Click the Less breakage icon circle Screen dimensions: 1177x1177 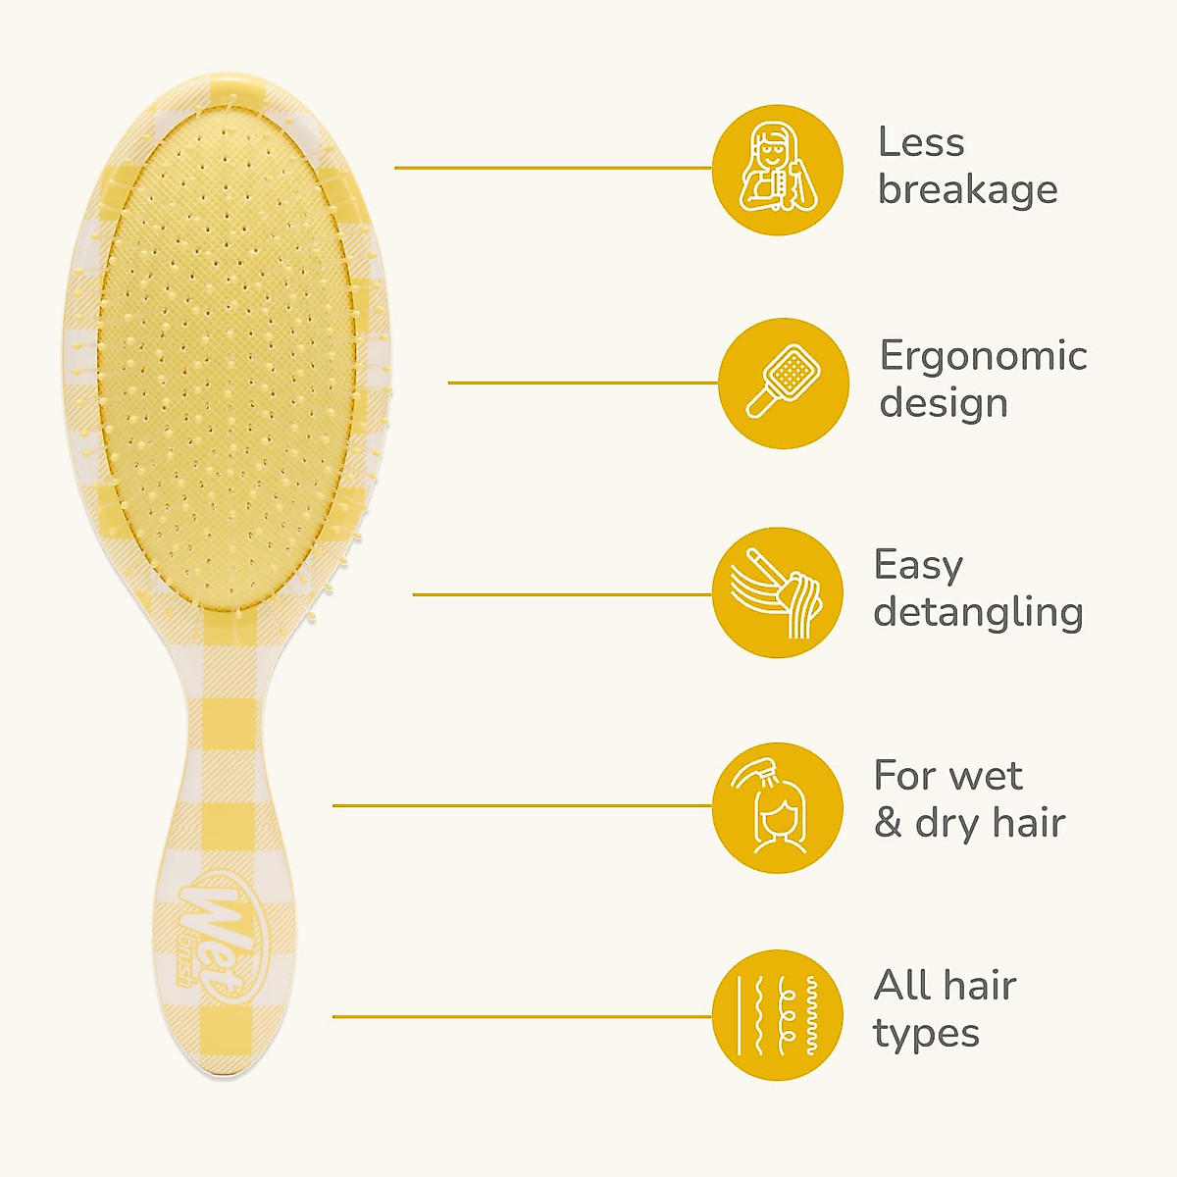click(x=777, y=170)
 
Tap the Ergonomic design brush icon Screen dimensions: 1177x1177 click(x=783, y=384)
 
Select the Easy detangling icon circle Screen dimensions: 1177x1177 click(x=777, y=593)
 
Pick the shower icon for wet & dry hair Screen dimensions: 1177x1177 click(x=777, y=807)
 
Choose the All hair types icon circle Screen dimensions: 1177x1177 click(x=777, y=1015)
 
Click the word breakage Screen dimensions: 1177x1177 click(x=967, y=189)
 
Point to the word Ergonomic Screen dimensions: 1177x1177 click(x=983, y=356)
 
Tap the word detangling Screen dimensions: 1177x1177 click(x=978, y=612)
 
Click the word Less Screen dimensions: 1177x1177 click(x=921, y=142)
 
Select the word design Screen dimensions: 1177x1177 click(x=944, y=403)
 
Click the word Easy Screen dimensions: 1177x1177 click(x=919, y=566)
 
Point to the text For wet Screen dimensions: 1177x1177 click(x=947, y=776)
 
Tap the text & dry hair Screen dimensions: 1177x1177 click(x=969, y=823)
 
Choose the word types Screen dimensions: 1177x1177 click(x=926, y=1034)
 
